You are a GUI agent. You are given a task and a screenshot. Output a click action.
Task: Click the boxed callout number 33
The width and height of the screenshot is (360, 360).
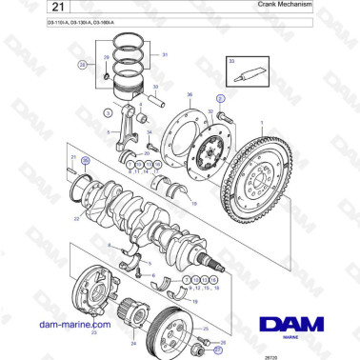point(230,60)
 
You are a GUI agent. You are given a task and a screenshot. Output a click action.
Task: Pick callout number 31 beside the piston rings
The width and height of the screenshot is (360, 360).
point(165,55)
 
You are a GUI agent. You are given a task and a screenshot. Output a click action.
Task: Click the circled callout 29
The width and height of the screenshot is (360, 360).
point(83,65)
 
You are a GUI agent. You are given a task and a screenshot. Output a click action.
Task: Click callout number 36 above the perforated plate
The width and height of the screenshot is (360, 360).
point(190,95)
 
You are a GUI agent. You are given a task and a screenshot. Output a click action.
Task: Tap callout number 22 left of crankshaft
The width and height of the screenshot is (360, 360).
point(75,217)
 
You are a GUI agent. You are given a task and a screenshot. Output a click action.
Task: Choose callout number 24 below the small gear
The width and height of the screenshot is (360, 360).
point(132,342)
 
